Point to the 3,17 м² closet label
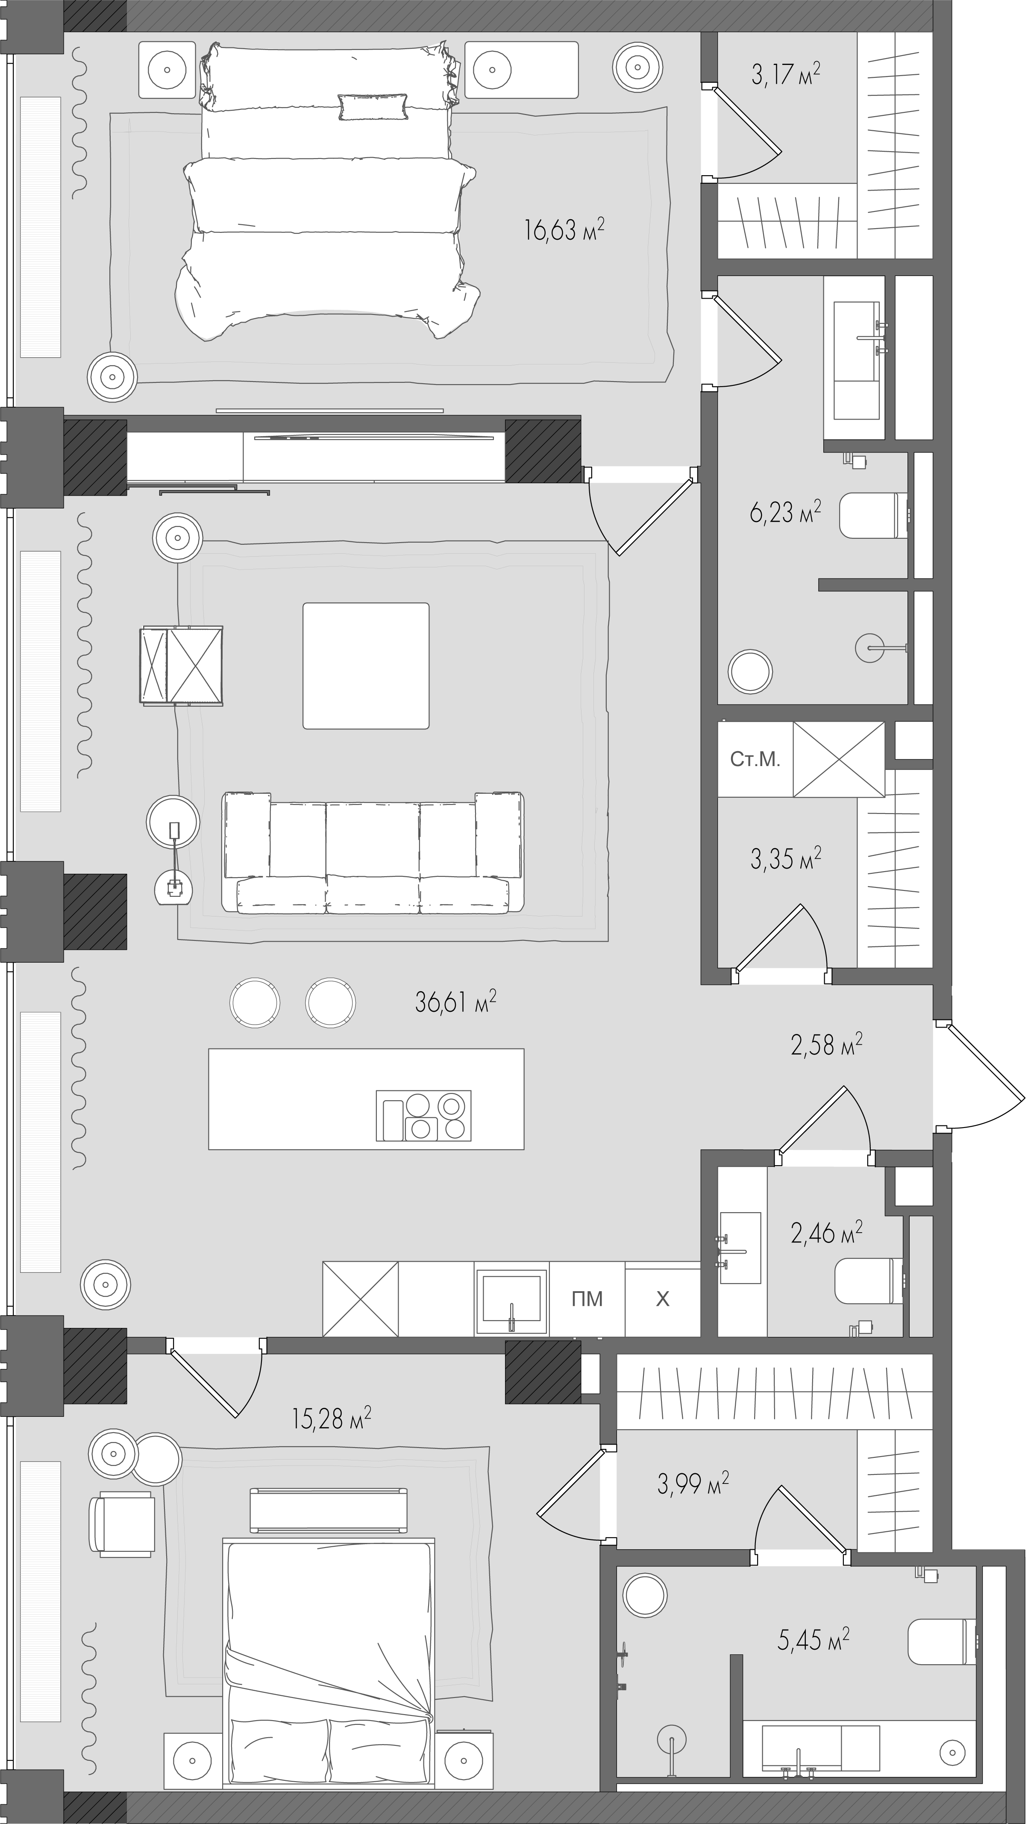tap(786, 73)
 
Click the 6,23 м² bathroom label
tap(785, 511)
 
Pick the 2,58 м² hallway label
tap(826, 1044)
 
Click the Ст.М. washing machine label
tap(755, 760)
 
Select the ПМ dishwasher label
tap(587, 1298)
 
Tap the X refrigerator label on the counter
tap(663, 1298)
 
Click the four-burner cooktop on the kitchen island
tap(423, 1115)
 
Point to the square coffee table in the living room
tap(366, 666)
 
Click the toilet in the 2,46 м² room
tap(869, 1280)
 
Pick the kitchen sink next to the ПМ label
tap(511, 1298)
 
